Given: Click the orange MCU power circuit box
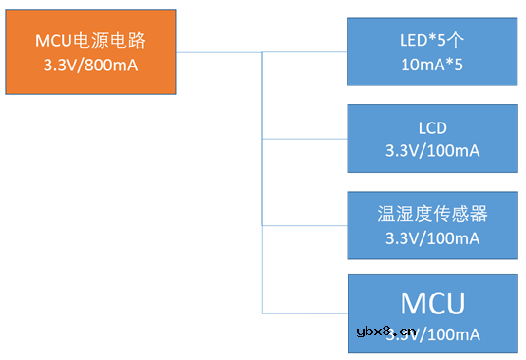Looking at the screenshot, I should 92,52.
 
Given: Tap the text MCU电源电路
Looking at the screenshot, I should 92,40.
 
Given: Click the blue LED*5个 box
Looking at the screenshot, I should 432,52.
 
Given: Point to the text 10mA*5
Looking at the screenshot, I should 432,65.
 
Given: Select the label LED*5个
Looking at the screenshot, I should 432,40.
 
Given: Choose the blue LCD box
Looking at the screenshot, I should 432,139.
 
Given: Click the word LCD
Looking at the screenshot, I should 432,127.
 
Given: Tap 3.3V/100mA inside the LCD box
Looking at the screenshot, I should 432,151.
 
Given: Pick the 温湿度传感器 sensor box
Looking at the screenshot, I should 432,224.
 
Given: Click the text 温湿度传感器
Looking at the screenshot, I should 432,213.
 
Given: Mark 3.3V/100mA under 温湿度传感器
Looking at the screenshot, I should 432,237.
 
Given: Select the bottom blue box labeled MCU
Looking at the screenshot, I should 432,313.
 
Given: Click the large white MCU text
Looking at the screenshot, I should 432,303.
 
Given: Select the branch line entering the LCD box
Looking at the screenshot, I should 304,139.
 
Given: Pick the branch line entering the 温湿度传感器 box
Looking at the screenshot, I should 304,225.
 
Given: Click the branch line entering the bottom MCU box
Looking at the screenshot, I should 304,313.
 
